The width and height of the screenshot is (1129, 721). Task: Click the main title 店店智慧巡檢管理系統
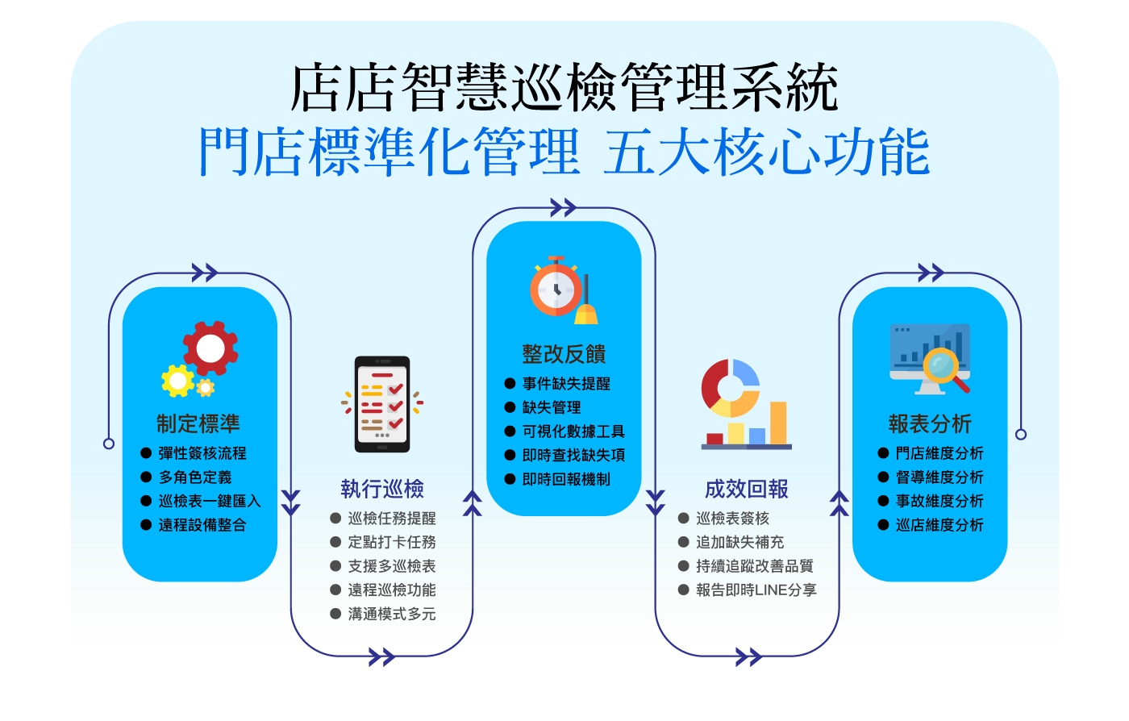pyautogui.click(x=564, y=87)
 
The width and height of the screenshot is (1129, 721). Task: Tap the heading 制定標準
pyautogui.click(x=198, y=423)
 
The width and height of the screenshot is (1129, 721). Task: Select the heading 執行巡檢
pyautogui.click(x=382, y=489)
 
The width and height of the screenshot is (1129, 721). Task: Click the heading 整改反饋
pyautogui.click(x=564, y=354)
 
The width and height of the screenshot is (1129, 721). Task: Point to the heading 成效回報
pyautogui.click(x=747, y=489)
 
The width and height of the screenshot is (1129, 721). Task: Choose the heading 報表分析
pyautogui.click(x=930, y=423)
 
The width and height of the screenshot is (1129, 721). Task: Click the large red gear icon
pyautogui.click(x=210, y=348)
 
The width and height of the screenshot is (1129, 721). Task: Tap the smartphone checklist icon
pyautogui.click(x=382, y=404)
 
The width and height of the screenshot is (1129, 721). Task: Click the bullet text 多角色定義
pyautogui.click(x=195, y=477)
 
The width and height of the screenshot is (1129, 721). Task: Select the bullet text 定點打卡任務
pyautogui.click(x=392, y=542)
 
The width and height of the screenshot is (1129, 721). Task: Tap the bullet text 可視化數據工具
pyautogui.click(x=573, y=431)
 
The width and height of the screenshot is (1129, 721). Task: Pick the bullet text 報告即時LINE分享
pyautogui.click(x=756, y=590)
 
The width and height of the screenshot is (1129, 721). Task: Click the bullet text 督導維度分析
pyautogui.click(x=939, y=477)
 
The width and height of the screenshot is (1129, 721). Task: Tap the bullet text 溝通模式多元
pyautogui.click(x=392, y=614)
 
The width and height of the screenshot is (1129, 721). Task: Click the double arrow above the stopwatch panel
pyautogui.click(x=564, y=207)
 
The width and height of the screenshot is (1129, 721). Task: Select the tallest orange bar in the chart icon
pyautogui.click(x=778, y=423)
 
